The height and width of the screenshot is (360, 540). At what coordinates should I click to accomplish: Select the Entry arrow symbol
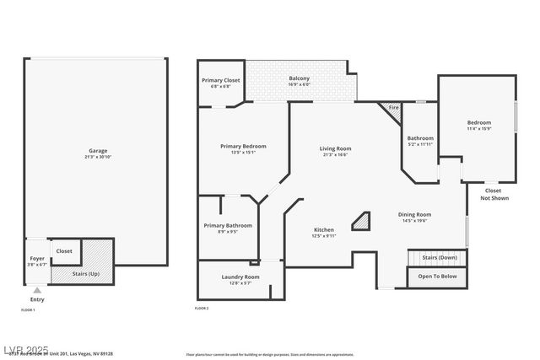tap(36, 290)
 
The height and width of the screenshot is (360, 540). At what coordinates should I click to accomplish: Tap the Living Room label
tap(335, 150)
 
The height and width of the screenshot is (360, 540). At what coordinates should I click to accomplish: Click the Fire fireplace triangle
tap(391, 108)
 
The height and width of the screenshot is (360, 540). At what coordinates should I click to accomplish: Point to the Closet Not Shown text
tap(494, 194)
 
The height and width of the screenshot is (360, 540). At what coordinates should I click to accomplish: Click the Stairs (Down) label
tap(439, 257)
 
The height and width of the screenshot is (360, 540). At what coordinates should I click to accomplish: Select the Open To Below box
tap(438, 276)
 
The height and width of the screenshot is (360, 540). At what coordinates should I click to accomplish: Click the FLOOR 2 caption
tap(202, 309)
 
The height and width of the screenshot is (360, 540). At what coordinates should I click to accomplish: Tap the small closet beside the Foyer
tap(64, 250)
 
